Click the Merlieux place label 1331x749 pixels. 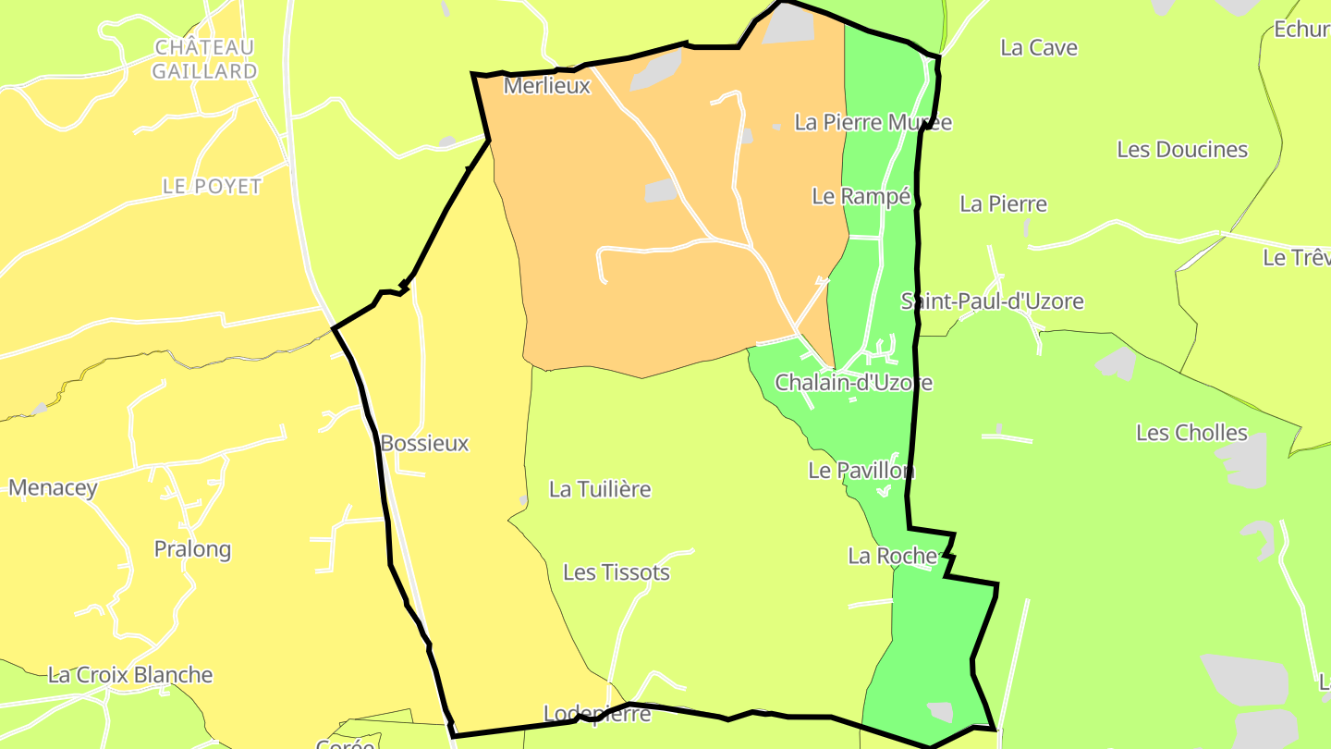546,87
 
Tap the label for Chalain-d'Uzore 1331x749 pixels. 853,383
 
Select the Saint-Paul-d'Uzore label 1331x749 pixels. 992,301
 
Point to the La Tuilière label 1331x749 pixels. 600,489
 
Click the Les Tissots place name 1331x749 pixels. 617,573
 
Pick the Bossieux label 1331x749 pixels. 424,444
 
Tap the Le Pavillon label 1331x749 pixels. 861,471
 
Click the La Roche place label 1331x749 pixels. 893,556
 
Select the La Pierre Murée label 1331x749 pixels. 873,123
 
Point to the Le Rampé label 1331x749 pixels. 861,196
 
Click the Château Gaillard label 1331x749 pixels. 204,59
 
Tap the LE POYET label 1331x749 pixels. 212,187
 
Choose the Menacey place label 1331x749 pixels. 53,488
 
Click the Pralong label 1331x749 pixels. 192,550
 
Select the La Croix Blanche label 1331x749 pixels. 130,675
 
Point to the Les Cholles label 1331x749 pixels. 1191,433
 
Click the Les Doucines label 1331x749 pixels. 1182,150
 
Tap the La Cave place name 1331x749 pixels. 1039,48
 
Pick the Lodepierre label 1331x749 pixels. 597,714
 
